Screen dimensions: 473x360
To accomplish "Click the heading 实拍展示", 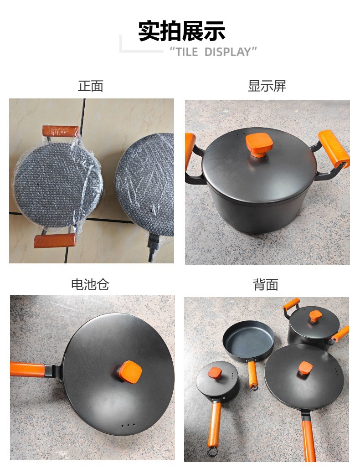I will (182, 31).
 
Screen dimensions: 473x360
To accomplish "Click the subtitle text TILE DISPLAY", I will (213, 51).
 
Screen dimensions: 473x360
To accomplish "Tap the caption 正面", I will (91, 86).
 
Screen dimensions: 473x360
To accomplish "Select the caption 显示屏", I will (267, 86).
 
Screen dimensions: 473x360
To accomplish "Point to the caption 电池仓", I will (90, 285).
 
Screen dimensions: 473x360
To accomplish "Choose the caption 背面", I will (266, 285).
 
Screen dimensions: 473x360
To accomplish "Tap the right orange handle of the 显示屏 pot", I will (334, 148).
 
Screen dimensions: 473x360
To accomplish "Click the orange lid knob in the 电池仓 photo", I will (129, 371).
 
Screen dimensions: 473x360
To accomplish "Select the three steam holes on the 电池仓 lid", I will (128, 425).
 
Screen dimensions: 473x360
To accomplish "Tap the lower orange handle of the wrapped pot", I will (55, 241).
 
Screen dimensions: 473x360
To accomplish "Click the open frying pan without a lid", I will (248, 339).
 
